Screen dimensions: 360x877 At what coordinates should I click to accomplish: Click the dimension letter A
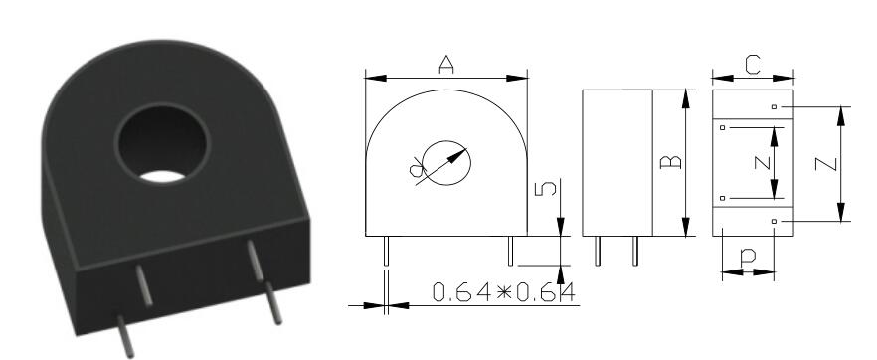point(446,65)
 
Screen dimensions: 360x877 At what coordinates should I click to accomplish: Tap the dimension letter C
point(753,65)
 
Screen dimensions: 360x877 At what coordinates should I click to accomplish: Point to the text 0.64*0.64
point(505,293)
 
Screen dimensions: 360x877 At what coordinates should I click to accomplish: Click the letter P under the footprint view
point(747,256)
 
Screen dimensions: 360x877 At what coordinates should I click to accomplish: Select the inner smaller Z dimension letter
point(758,163)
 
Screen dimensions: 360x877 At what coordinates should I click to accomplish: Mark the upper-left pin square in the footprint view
point(723,127)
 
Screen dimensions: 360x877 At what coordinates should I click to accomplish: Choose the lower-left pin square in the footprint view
point(723,198)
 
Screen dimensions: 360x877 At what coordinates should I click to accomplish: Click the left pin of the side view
point(598,252)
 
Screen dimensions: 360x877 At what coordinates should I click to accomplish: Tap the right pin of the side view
point(634,252)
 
